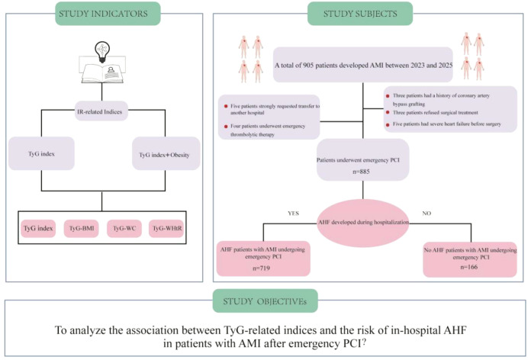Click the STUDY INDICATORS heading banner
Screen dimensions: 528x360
click(x=108, y=14)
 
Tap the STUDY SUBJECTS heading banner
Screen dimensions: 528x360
click(x=360, y=14)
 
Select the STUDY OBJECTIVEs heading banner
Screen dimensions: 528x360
click(x=265, y=301)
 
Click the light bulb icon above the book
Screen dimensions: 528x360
click(x=102, y=51)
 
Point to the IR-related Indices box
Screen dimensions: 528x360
click(x=100, y=111)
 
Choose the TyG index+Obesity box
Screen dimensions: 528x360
click(x=166, y=154)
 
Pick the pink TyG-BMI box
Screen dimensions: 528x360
click(x=82, y=229)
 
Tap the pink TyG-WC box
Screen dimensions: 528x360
click(x=124, y=229)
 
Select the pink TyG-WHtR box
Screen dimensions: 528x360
click(x=167, y=229)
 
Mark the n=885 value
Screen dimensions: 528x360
click(x=362, y=172)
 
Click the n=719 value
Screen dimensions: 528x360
click(x=261, y=268)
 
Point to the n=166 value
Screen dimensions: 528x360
click(x=468, y=267)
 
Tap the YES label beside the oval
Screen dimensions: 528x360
click(x=293, y=214)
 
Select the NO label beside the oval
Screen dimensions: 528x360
click(x=427, y=214)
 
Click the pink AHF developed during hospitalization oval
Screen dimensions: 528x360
click(x=363, y=223)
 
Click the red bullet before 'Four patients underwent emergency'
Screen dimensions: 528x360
click(x=226, y=127)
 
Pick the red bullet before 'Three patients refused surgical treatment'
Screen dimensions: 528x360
click(x=388, y=113)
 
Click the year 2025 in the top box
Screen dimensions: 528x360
click(x=445, y=66)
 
